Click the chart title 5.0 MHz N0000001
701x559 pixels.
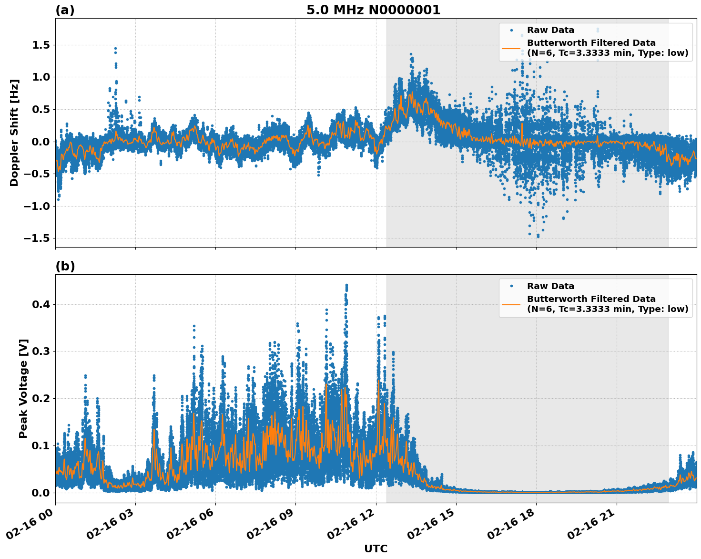pos(373,10)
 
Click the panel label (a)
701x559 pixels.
pos(65,10)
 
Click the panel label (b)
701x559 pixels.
pos(65,266)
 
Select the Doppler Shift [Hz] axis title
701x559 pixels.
pos(14,133)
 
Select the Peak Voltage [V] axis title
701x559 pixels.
pos(23,388)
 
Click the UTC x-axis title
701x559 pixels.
pos(376,549)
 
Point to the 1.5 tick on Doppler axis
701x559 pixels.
pos(40,45)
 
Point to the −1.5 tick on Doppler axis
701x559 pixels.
pos(37,238)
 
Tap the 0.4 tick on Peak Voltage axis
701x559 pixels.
pos(40,305)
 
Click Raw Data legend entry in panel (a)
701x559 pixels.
pos(550,30)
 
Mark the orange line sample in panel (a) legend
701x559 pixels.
pos(511,48)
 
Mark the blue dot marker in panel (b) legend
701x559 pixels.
pos(511,286)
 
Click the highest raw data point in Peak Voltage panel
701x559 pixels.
pos(346,285)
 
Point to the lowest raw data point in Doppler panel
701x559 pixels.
pos(538,236)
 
